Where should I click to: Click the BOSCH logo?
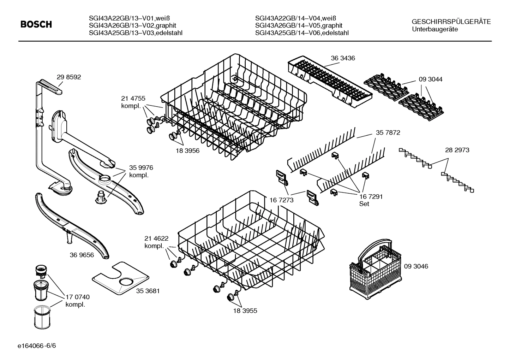pos(36,24)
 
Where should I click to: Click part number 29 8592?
pos(68,77)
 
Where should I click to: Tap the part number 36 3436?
pos(343,58)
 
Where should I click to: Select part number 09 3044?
pos(430,79)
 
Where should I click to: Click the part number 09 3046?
pos(416,266)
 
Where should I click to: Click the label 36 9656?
pos(82,255)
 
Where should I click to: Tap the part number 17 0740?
pos(77,297)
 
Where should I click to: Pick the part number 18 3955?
pos(245,311)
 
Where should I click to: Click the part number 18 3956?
pos(187,151)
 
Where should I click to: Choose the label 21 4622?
pos(156,238)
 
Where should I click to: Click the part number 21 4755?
pos(133,99)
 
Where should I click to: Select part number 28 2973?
pos(457,150)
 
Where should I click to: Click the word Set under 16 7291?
pos(364,204)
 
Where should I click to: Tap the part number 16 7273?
pos(281,200)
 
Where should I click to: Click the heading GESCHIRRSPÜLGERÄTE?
pos(451,22)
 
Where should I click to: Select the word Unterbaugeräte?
pos(435,29)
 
